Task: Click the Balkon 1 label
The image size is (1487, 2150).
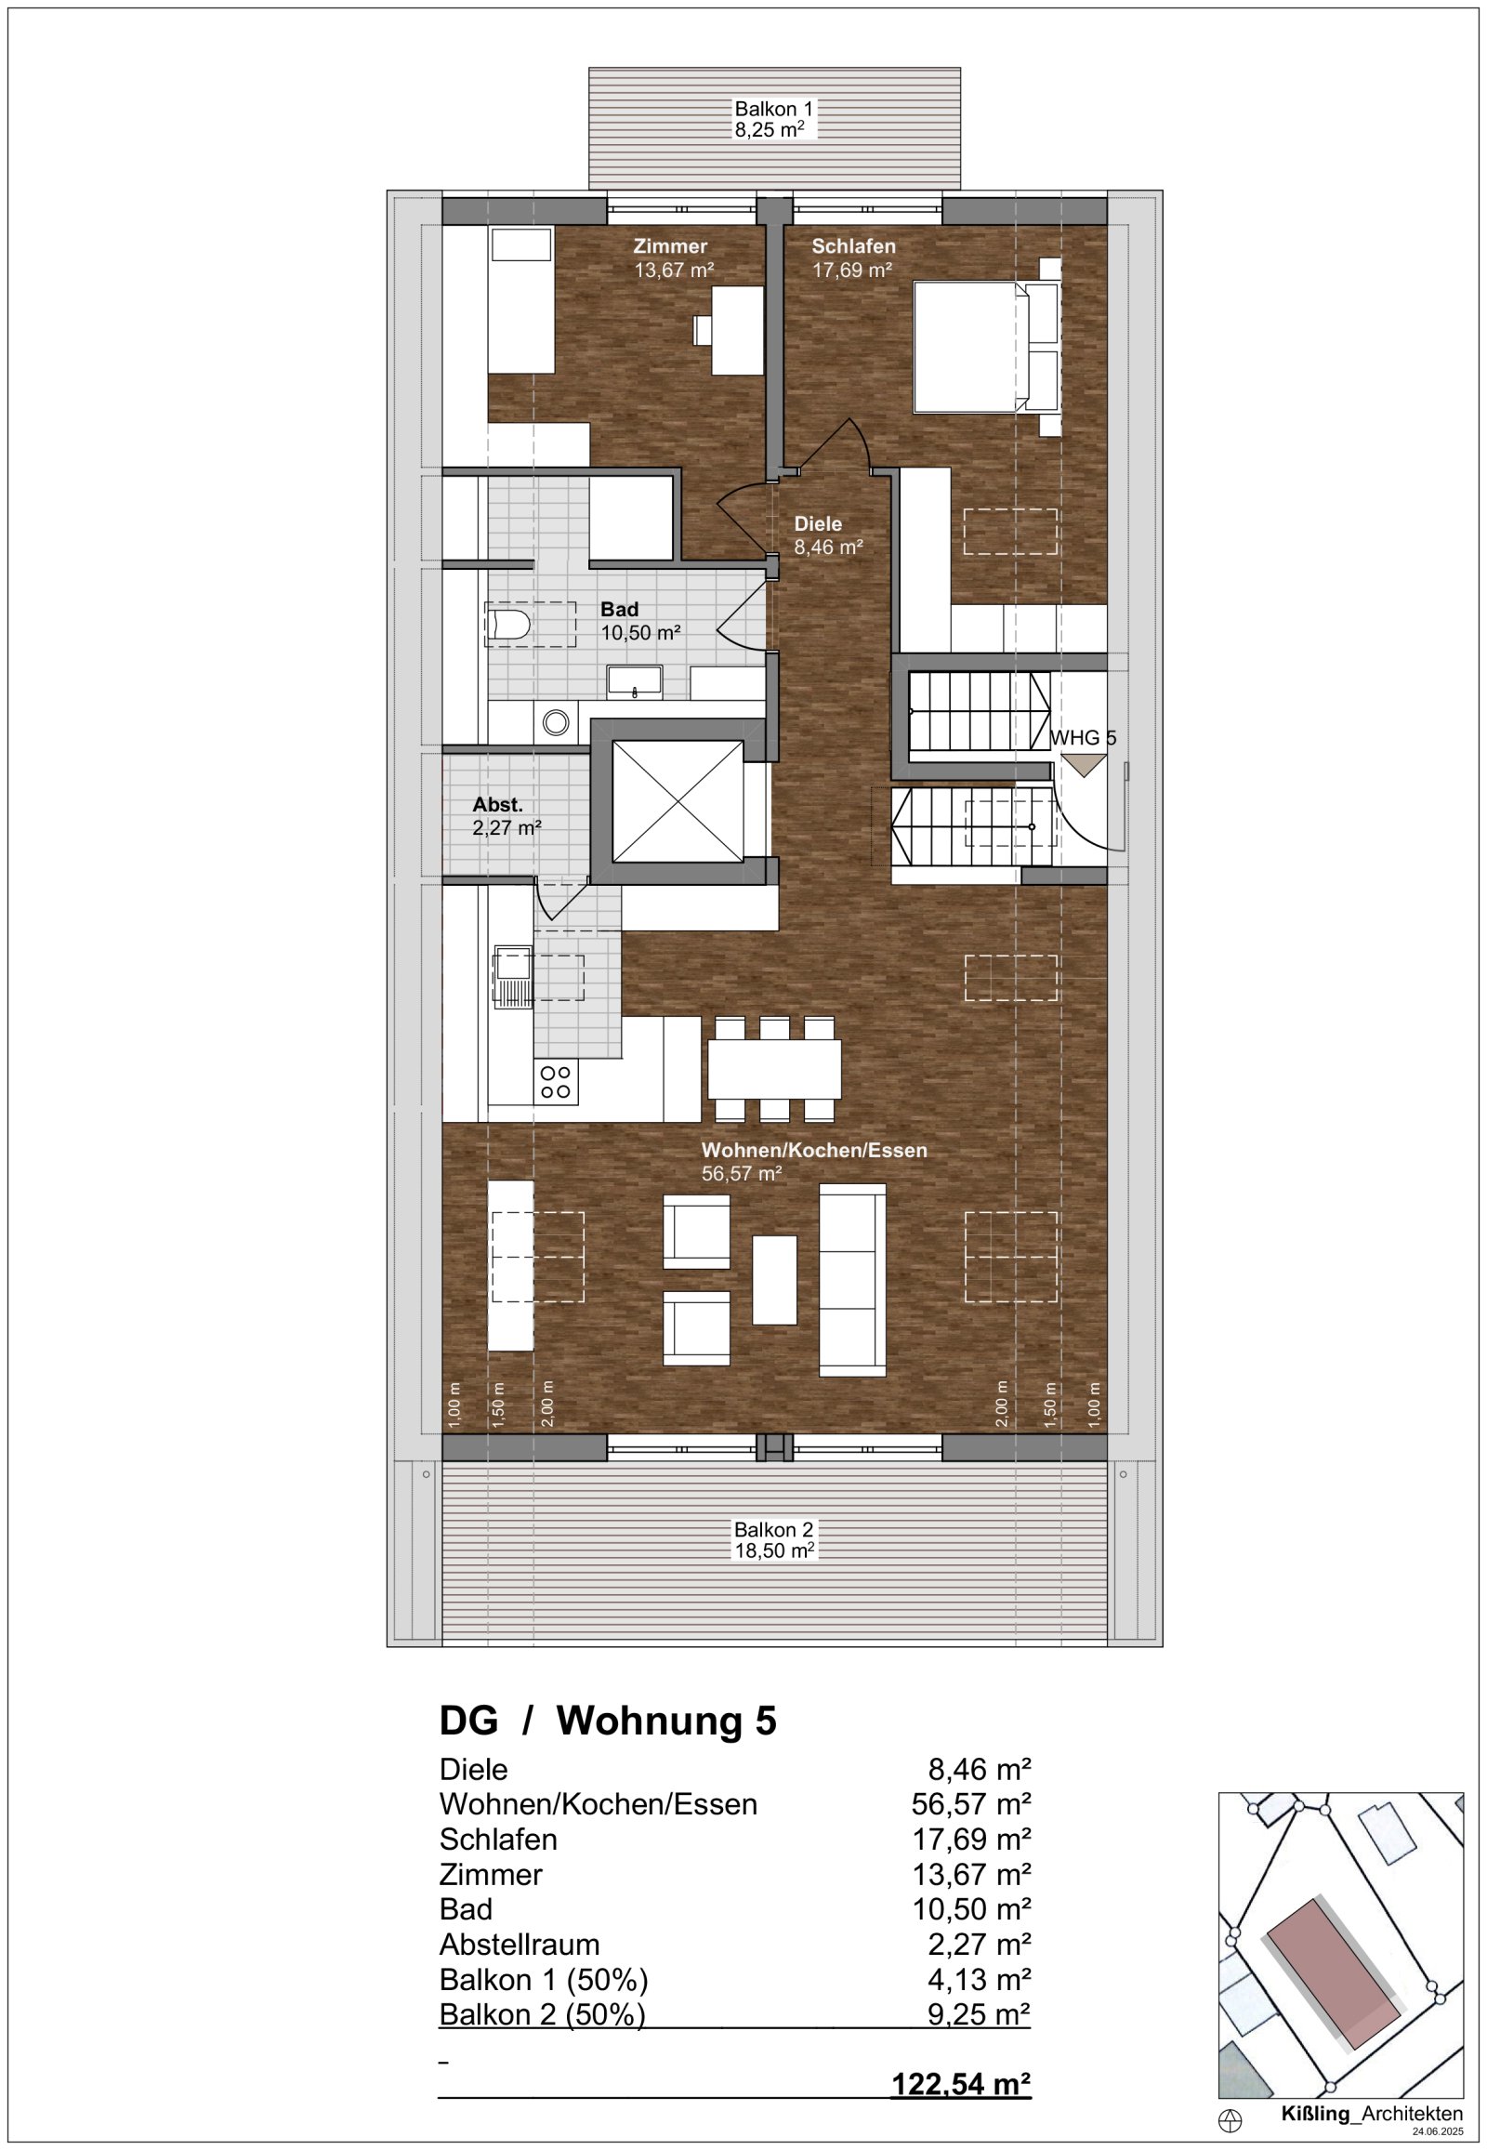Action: pos(773,119)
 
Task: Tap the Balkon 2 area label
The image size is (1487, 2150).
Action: pos(773,1539)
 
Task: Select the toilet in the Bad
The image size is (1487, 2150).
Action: pos(508,626)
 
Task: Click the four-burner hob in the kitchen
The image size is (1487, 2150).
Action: pos(555,1082)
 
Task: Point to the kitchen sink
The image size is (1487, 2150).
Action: pos(511,977)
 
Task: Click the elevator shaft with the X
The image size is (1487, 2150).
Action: pos(678,801)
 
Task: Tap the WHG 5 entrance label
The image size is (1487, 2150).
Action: pos(1083,737)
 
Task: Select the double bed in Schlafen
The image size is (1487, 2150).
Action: pos(974,346)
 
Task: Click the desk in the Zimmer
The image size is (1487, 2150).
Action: pos(736,331)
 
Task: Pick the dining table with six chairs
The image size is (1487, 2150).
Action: pos(774,1069)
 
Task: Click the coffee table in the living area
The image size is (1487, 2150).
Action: pos(774,1280)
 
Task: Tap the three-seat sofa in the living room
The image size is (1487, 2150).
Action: pos(851,1280)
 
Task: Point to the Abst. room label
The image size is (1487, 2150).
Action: pos(506,815)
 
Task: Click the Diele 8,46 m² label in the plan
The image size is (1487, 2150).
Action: pos(827,534)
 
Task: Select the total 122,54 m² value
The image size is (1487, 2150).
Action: pos(961,2083)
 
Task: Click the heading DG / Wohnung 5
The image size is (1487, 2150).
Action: pos(608,1721)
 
